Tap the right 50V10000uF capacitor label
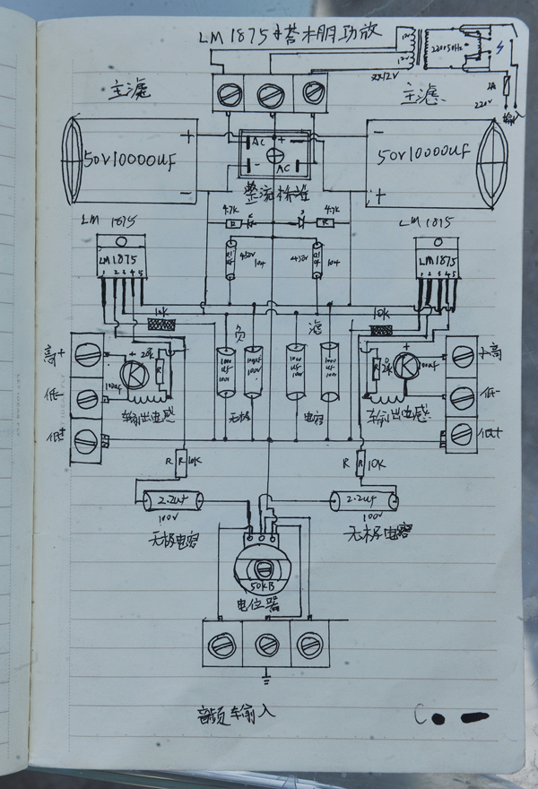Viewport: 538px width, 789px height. (x=423, y=154)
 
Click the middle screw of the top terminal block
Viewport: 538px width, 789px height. (x=269, y=93)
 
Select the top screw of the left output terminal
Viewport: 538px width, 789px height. (x=88, y=356)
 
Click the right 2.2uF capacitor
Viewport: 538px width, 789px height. (x=362, y=499)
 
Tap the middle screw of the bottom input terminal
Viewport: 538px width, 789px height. (x=266, y=645)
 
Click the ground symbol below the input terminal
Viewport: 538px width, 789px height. (x=266, y=675)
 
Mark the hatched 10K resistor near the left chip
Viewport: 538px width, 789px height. (x=163, y=325)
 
